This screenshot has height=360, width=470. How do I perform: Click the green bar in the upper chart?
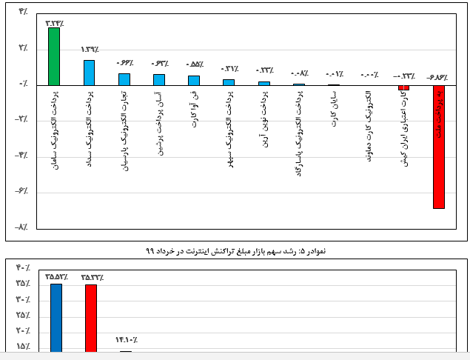(x=54, y=56)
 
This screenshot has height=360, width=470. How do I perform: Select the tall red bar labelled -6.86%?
(x=438, y=147)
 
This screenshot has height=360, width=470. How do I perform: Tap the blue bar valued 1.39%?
(x=89, y=72)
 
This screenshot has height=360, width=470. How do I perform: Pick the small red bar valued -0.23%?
(x=403, y=87)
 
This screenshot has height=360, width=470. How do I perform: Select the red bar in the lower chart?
(x=91, y=318)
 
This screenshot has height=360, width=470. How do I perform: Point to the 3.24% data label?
(x=54, y=21)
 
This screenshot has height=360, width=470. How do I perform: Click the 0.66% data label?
(x=124, y=63)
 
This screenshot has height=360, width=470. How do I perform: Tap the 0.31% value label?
(x=229, y=69)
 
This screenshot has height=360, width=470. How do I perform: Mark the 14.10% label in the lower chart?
(x=127, y=340)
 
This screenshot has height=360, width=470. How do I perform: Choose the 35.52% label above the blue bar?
(x=56, y=276)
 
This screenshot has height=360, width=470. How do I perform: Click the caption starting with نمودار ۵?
(x=235, y=251)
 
